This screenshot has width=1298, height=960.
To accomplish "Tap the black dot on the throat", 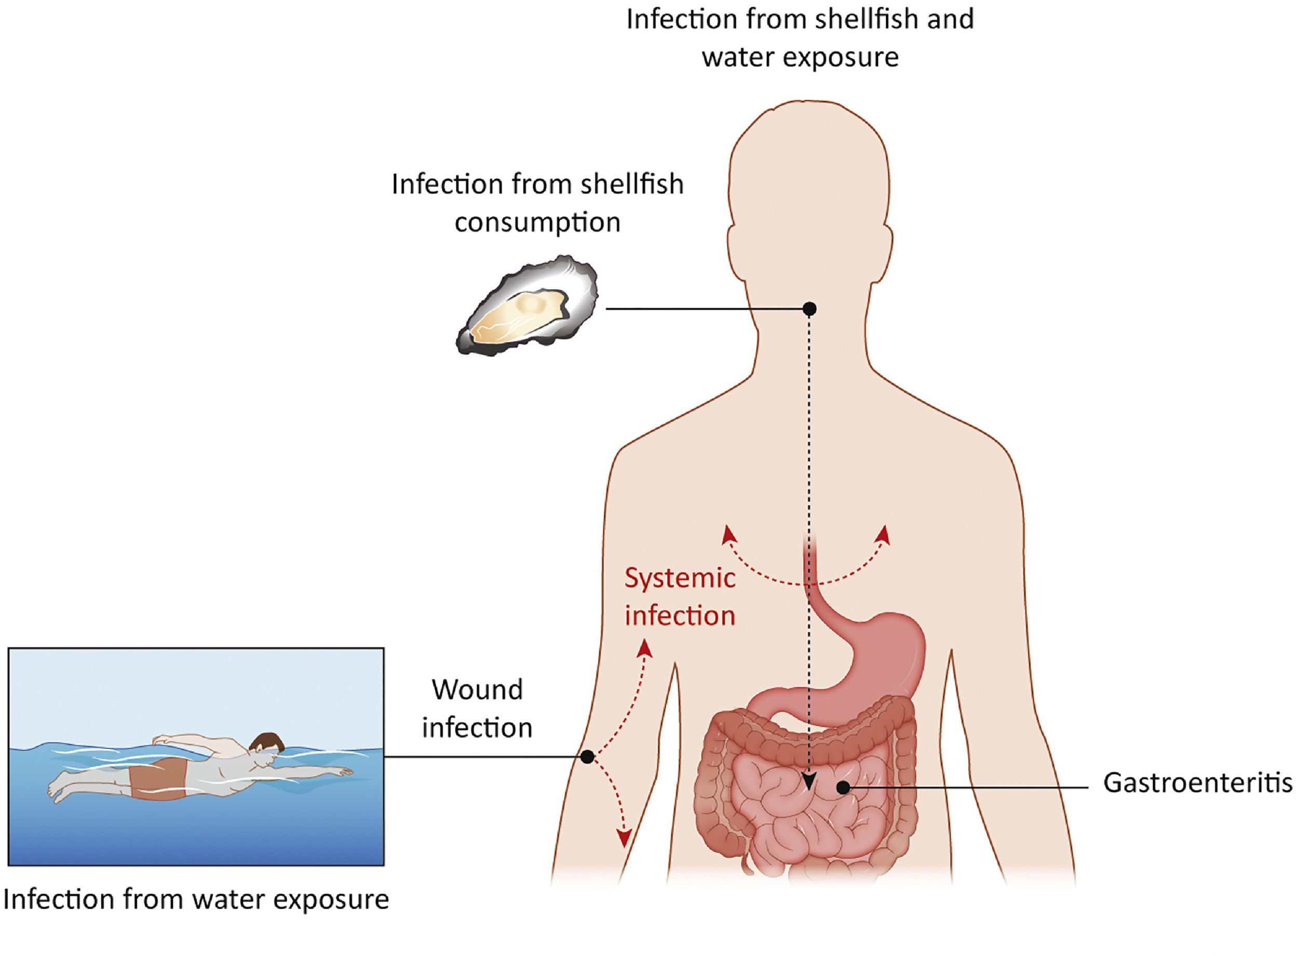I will click(809, 309).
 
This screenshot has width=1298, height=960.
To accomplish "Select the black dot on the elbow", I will click(587, 756).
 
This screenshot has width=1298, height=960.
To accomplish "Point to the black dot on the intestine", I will click(843, 788).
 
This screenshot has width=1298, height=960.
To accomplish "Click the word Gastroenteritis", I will click(1197, 783).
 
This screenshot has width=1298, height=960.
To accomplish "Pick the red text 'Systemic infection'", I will click(680, 597).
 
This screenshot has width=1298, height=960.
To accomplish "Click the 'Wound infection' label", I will click(477, 709).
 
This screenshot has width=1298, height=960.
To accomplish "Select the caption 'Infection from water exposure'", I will click(196, 899).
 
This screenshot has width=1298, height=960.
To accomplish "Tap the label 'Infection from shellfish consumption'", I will click(537, 202).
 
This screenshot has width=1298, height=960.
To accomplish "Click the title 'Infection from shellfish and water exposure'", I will click(800, 38).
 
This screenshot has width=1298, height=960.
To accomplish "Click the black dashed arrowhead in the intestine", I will click(808, 782).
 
